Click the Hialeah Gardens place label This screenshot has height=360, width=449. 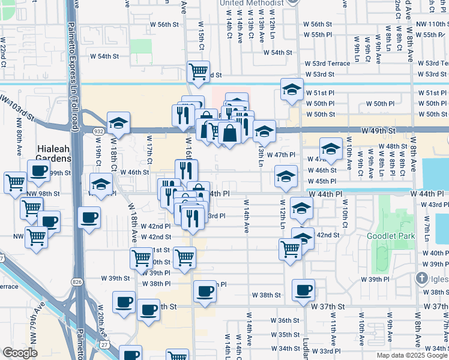53,154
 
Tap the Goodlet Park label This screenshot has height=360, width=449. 393,236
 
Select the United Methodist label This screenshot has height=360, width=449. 252,4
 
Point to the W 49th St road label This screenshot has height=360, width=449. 379,130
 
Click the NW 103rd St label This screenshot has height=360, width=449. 19,107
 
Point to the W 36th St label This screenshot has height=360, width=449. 285,320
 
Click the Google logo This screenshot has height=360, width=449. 20,353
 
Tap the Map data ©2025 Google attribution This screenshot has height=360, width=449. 412,355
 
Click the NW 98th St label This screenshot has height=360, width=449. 44,194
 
